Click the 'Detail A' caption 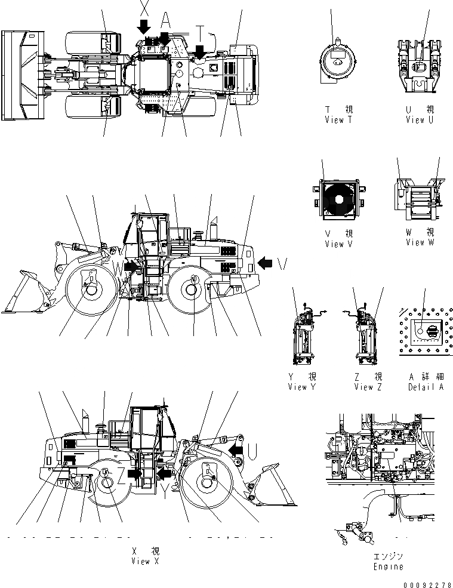(x=426, y=387)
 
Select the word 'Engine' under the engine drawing (x=388, y=567)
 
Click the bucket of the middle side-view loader (x=27, y=293)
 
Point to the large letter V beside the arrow (x=282, y=263)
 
